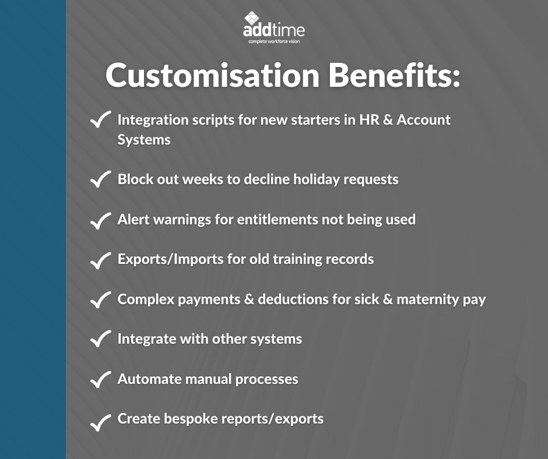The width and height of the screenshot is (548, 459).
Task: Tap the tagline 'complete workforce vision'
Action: (274, 42)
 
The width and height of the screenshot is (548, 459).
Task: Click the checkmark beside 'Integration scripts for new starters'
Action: (101, 121)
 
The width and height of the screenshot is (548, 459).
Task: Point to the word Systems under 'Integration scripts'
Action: (144, 140)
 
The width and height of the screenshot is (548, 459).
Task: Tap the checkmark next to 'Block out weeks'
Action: (101, 179)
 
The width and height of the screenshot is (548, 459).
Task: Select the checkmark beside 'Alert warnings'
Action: (101, 220)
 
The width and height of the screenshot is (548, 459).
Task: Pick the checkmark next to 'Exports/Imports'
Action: (101, 260)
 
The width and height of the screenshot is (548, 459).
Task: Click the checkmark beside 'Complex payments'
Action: (101, 301)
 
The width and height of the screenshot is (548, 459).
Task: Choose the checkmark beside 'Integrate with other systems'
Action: (101, 340)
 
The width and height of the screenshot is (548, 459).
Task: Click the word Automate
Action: (147, 379)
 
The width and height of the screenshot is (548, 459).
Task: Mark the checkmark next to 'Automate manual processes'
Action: (101, 380)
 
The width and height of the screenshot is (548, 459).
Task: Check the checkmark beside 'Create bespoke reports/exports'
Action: (101, 421)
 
